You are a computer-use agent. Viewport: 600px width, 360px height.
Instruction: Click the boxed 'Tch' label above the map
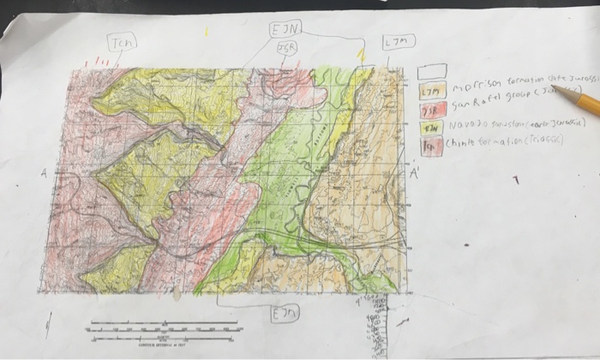(x=121, y=42)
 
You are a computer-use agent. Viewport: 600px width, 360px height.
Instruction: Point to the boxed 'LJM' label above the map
(x=398, y=42)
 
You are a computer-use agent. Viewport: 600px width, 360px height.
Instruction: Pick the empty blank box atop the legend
(x=431, y=73)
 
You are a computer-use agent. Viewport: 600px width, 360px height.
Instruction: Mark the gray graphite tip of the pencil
(x=557, y=89)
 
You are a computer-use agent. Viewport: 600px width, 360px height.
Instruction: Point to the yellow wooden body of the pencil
(x=588, y=105)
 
